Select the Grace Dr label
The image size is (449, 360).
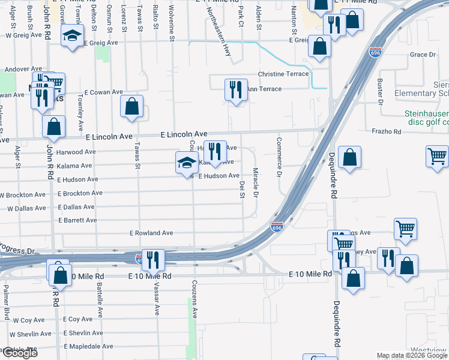(x=423, y=55)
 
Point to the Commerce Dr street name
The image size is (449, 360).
(x=279, y=157)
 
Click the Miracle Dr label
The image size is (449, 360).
(x=256, y=183)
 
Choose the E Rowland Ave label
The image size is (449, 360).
(x=151, y=233)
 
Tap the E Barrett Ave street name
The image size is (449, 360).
(x=77, y=220)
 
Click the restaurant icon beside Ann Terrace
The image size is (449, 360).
(x=236, y=89)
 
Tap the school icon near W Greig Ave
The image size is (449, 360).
(x=72, y=35)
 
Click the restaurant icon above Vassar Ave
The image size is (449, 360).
(x=152, y=260)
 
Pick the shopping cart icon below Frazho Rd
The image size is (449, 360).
(x=438, y=156)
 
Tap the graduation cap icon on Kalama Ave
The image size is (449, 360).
(x=187, y=163)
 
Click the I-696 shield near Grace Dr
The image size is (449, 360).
(x=376, y=52)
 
